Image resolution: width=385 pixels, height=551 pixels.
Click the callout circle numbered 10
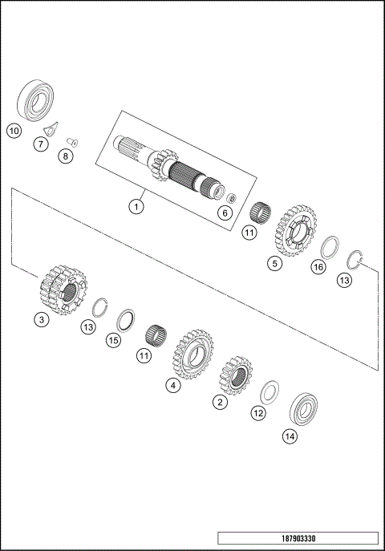[14, 130]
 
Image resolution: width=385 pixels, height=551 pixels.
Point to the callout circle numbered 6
[225, 213]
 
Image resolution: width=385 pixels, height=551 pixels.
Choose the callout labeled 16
[318, 266]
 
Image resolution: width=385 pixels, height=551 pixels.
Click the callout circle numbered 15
[114, 340]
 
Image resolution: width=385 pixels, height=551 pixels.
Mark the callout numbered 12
[257, 413]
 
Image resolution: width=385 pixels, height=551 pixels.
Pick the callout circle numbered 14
[290, 436]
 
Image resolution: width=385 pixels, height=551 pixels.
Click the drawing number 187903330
[298, 537]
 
